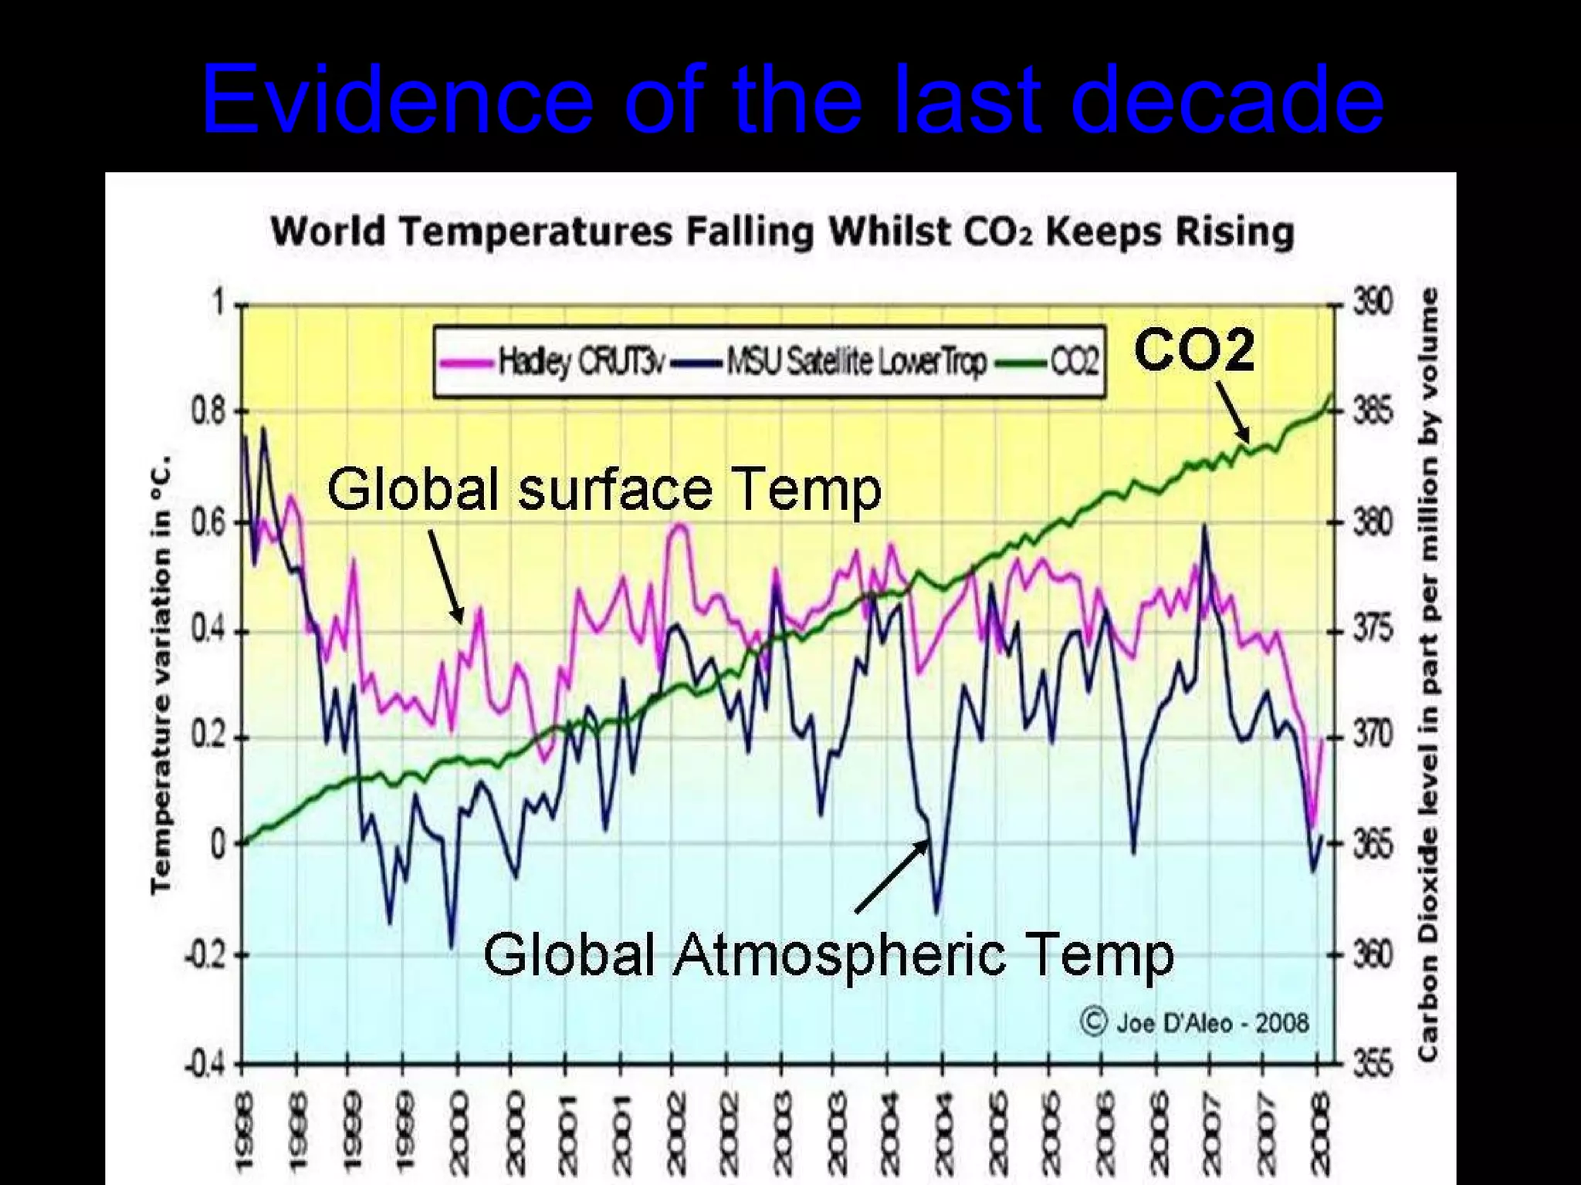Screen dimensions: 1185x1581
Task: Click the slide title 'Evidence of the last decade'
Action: (x=792, y=100)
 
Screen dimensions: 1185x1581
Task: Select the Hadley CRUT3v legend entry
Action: (x=553, y=361)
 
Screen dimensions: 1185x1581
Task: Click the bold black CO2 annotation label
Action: (x=1193, y=350)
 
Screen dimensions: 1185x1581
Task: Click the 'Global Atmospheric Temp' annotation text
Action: (x=828, y=954)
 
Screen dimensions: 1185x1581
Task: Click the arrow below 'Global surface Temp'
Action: (x=446, y=576)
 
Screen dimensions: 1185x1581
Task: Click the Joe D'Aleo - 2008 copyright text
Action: (x=1196, y=1023)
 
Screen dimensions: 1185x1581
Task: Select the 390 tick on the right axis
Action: (x=1373, y=303)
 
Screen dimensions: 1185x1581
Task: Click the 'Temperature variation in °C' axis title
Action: (x=161, y=675)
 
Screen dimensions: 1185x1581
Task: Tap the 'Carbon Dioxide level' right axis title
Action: (x=1427, y=675)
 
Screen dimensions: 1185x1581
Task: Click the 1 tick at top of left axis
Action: (x=218, y=303)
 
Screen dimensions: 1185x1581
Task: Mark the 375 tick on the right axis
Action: (x=1373, y=630)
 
